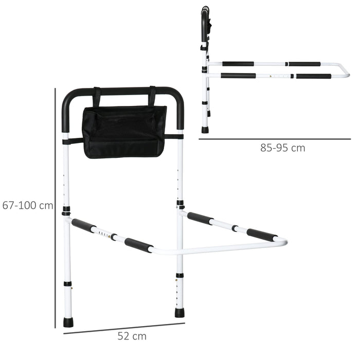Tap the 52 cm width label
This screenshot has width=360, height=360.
click(x=132, y=337)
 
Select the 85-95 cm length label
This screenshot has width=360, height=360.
click(x=282, y=148)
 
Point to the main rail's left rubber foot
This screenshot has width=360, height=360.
click(x=68, y=322)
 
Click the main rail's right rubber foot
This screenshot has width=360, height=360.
click(x=179, y=312)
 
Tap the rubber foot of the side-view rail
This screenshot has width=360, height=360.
click(x=205, y=130)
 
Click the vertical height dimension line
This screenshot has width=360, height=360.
click(x=55, y=206)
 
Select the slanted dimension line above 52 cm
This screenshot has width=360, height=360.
click(x=123, y=328)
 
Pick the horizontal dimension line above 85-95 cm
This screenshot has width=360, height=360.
click(x=275, y=139)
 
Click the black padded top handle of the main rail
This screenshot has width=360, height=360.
click(x=123, y=92)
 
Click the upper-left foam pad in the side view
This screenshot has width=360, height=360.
click(x=238, y=64)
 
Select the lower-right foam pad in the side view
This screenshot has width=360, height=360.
click(x=313, y=77)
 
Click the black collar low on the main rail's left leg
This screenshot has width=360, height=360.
click(x=67, y=283)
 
